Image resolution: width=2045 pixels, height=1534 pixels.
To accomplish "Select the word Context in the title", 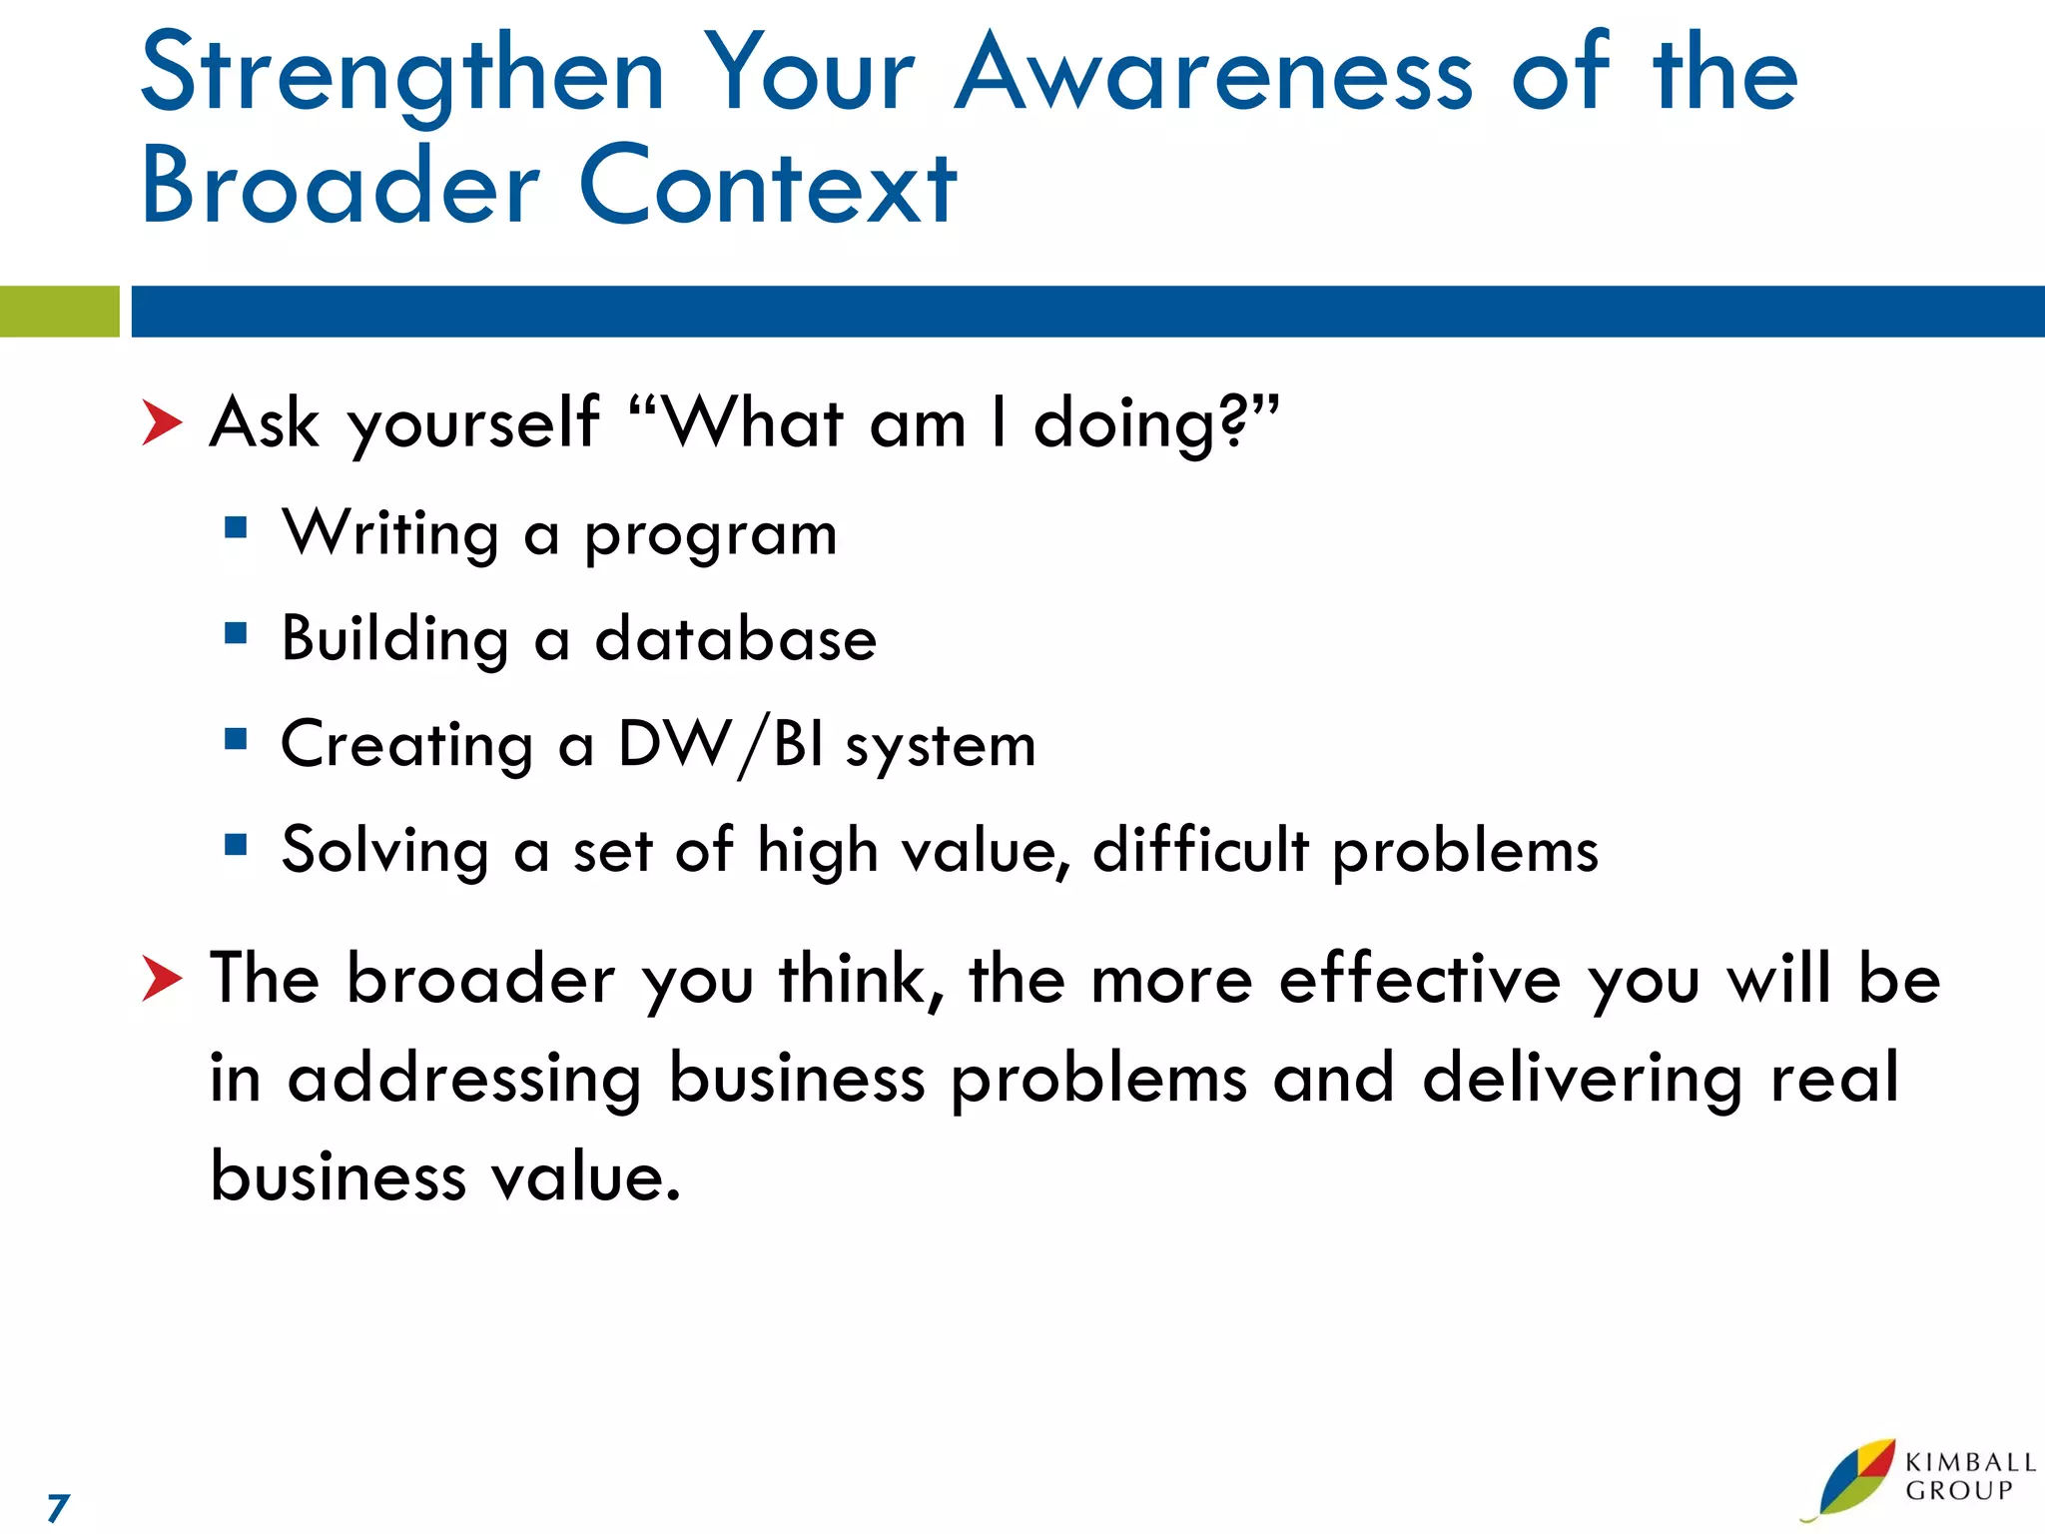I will (767, 187).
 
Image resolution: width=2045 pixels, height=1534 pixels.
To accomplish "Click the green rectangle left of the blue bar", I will (59, 312).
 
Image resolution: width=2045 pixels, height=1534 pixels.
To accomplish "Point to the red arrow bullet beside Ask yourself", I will (161, 422).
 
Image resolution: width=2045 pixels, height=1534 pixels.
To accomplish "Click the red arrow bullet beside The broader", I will (161, 978).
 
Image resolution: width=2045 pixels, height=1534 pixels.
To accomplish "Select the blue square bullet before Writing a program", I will (236, 527).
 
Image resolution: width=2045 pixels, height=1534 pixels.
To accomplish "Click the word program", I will (710, 535).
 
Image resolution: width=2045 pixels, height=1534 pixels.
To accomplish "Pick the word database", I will (736, 639).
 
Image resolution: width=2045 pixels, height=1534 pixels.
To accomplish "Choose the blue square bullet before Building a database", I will (236, 633).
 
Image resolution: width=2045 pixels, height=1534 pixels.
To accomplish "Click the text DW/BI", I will (720, 745).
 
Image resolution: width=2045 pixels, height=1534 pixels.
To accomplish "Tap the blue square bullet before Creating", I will (236, 739).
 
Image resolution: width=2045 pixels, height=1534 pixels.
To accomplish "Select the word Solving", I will (385, 851).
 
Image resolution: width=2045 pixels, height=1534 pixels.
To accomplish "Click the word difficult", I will (1200, 851).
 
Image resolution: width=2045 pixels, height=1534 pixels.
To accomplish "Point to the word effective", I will (1419, 980).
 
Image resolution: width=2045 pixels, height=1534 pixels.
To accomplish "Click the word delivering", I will (1582, 1080).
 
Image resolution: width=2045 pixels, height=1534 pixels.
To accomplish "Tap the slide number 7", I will (58, 1507).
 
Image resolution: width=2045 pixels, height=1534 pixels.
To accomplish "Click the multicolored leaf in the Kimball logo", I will (1855, 1478).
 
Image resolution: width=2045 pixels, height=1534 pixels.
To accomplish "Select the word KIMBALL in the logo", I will (1970, 1462).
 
